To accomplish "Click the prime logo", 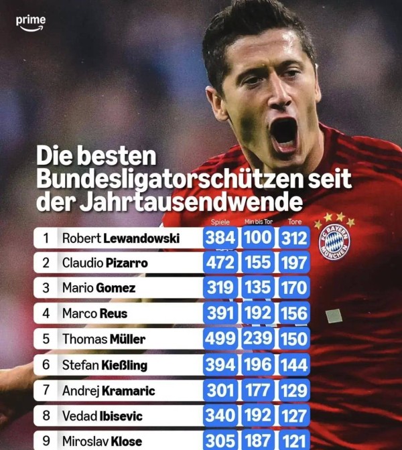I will tap(31, 22).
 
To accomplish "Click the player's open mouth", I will tap(283, 132).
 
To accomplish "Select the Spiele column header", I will tap(220, 222).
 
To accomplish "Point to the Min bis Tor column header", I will tap(258, 222).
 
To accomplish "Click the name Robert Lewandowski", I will tap(121, 238).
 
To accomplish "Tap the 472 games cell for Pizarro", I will tap(220, 262).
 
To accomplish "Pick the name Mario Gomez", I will tap(98, 288).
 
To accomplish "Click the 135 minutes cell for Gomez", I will tap(258, 288).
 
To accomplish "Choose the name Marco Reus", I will tap(94, 313).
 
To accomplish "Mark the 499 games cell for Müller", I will tap(220, 339).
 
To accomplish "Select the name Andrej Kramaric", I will tap(108, 390).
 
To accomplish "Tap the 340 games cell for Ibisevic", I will tap(220, 416).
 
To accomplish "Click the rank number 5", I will tap(46, 339).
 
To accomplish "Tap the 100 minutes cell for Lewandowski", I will tap(258, 238).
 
